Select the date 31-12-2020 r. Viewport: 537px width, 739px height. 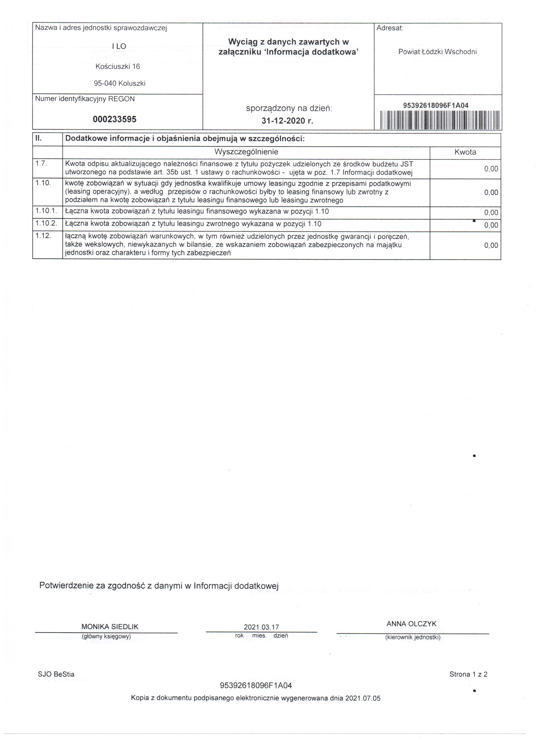(x=287, y=121)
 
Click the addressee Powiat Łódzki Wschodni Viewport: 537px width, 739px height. (x=437, y=52)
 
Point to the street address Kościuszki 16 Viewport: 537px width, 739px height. (x=118, y=67)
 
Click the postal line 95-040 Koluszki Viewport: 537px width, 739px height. (x=120, y=83)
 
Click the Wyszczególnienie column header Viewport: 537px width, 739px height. (x=246, y=152)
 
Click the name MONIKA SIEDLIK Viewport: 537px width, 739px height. (x=110, y=627)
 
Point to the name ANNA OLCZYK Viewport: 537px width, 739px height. (x=411, y=624)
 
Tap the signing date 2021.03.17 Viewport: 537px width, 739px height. (x=261, y=627)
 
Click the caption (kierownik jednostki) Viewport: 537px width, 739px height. (x=413, y=637)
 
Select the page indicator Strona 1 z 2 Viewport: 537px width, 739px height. (x=468, y=675)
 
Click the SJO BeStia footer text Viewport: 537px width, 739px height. (x=56, y=675)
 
